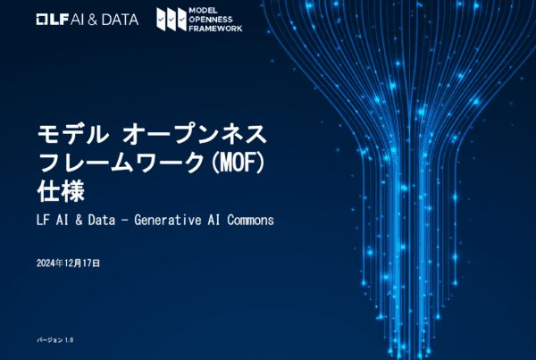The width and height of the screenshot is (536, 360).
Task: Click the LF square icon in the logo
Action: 42,20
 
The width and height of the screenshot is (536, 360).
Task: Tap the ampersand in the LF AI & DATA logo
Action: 93,20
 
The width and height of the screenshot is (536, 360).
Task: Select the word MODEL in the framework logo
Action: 203,11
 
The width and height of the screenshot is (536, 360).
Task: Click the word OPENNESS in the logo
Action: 211,20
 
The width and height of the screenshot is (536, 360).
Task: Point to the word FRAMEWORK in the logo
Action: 215,29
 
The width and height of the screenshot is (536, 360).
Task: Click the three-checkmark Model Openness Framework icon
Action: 172,20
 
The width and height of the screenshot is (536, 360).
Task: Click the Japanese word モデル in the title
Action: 72,134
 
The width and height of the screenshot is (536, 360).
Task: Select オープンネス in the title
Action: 194,134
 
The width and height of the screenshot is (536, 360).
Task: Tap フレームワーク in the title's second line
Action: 121,163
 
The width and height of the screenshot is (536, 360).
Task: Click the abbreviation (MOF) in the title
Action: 238,163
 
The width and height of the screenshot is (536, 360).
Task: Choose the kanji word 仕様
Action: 61,191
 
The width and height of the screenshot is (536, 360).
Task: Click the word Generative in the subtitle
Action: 168,220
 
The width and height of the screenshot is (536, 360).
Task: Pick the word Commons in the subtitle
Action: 250,220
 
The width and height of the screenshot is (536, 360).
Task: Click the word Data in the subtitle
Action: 102,220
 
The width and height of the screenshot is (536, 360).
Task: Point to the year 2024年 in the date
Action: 49,263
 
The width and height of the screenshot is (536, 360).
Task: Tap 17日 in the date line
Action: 91,263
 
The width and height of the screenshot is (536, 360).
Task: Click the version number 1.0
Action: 69,340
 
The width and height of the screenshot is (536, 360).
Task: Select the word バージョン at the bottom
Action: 50,340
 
